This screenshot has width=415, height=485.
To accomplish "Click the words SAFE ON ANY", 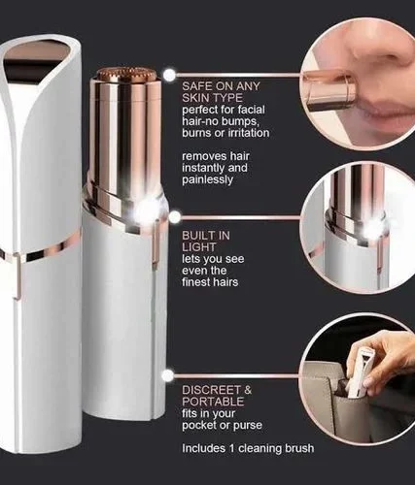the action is click(221, 86).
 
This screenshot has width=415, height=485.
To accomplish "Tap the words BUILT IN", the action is click(206, 236).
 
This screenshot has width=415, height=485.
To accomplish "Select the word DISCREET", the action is click(212, 390).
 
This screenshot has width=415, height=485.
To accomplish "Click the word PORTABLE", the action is click(213, 402).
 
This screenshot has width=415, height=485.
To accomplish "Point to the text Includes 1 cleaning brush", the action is click(248, 448).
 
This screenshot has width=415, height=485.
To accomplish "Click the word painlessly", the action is click(207, 179).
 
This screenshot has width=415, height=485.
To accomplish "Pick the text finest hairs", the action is click(210, 282).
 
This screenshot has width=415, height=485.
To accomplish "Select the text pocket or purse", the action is click(222, 425).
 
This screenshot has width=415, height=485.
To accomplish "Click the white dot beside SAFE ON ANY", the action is click(169, 75).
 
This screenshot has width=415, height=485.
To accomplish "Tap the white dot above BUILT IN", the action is click(175, 217).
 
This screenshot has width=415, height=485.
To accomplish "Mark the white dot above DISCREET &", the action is click(168, 375).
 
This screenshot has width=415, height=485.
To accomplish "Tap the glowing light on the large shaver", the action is click(145, 211).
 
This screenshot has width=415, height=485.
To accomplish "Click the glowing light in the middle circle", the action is click(373, 228).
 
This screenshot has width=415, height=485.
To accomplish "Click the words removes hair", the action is click(216, 156).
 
